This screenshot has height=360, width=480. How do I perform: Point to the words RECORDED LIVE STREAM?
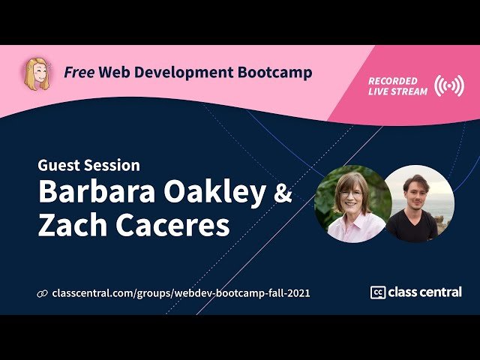pyautogui.click(x=397, y=86)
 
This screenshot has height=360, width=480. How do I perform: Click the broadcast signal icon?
pyautogui.click(x=448, y=86)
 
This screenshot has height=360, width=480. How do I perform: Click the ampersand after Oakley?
pyautogui.click(x=283, y=193)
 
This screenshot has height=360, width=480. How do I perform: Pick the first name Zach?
pyautogui.click(x=70, y=225)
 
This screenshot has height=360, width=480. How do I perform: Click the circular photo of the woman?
pyautogui.click(x=352, y=203)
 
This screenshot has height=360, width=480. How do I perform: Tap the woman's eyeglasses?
pyautogui.click(x=349, y=193)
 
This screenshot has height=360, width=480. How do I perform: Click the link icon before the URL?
pyautogui.click(x=42, y=293)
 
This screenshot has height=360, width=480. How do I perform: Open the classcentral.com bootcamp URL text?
pyautogui.click(x=181, y=293)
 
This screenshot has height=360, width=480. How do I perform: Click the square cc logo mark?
pyautogui.click(x=378, y=292)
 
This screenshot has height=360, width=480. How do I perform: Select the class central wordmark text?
pyautogui.click(x=424, y=292)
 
